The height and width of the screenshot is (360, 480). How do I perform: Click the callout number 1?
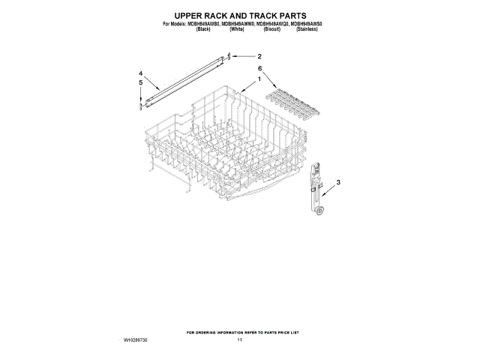[259, 79]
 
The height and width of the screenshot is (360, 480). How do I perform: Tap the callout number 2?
[259, 56]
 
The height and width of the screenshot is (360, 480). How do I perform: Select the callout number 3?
[338, 183]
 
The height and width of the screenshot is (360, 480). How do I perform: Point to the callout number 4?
[140, 73]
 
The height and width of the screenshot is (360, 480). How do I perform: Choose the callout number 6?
[259, 68]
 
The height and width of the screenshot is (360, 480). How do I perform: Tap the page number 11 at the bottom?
[240, 340]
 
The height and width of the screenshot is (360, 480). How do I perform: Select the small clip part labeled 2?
[230, 55]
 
